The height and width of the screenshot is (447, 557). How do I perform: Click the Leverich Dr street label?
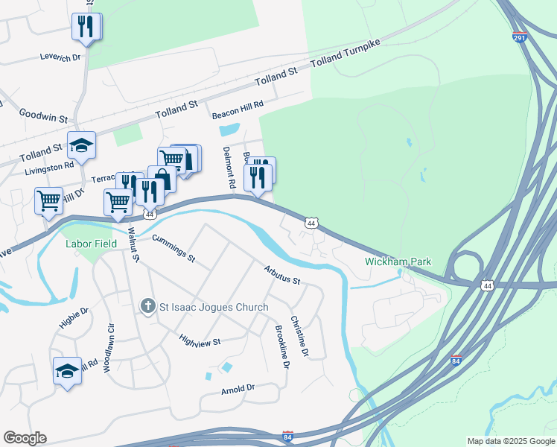point(60,57)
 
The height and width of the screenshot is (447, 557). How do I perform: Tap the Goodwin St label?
point(43,112)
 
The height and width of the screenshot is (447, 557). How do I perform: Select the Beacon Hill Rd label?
point(238,110)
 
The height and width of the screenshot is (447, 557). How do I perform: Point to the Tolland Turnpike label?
point(345,55)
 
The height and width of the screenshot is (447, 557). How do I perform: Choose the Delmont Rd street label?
point(229,166)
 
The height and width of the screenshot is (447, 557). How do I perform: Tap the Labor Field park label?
point(92,244)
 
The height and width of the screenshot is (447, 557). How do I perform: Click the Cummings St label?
point(173,249)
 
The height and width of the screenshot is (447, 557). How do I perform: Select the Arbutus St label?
point(281,276)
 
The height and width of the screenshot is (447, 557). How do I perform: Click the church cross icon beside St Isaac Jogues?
point(147,306)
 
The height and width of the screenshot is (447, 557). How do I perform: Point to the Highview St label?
point(200,340)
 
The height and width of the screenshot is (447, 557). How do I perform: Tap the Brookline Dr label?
point(281,346)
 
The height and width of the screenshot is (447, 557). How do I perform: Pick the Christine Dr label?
point(299,335)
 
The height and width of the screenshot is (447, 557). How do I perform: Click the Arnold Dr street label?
point(238,389)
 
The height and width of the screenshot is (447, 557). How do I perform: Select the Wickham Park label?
point(398,262)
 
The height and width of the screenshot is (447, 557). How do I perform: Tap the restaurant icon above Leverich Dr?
point(86,27)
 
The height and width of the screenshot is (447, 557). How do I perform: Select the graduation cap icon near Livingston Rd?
point(81,145)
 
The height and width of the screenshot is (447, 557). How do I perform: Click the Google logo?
point(25,438)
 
